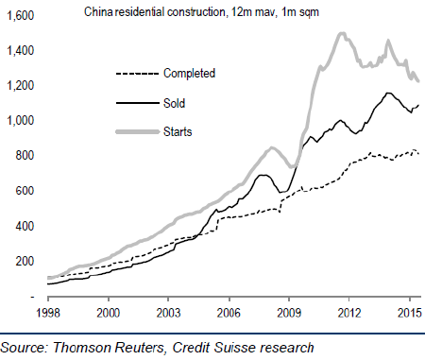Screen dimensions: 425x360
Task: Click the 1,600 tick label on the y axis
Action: (x=20, y=15)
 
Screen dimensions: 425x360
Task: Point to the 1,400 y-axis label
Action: (x=20, y=50)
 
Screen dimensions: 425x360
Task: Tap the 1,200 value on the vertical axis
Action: (x=20, y=85)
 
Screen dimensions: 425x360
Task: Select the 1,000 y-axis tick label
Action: (x=20, y=120)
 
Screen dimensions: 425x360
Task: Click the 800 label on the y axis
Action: (x=25, y=155)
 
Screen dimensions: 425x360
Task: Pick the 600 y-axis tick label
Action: (x=25, y=191)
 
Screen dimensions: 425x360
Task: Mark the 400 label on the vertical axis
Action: (x=25, y=226)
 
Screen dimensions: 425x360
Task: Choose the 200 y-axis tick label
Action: (x=25, y=261)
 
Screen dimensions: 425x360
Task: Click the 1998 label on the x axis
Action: (x=48, y=313)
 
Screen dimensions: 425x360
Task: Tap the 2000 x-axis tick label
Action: (x=108, y=313)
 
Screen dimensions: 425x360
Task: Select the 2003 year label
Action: (x=168, y=313)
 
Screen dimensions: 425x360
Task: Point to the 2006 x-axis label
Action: (x=229, y=313)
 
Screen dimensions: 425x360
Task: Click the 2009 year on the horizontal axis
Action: (x=289, y=313)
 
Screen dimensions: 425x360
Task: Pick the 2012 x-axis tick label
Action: (x=349, y=313)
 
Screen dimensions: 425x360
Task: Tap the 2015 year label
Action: (x=409, y=313)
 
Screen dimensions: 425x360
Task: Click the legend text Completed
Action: (x=189, y=74)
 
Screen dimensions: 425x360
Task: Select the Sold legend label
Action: (x=174, y=103)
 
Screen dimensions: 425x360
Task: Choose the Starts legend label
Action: (x=178, y=131)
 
